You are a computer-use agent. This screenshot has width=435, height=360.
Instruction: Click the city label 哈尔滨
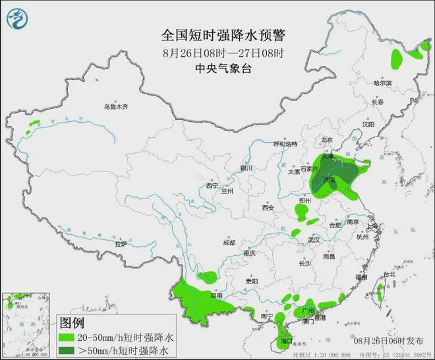[382, 84]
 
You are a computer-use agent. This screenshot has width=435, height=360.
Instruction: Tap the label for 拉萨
[120, 244]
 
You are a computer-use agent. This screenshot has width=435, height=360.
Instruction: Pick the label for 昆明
[217, 295]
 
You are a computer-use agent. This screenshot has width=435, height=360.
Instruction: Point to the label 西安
[267, 208]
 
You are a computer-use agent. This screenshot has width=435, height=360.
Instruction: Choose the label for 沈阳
[368, 124]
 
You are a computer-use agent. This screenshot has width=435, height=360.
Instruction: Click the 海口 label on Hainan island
[285, 341]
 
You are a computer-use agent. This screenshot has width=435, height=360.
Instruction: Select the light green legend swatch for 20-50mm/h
[66, 336]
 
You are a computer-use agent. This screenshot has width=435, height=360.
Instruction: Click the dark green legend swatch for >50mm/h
[66, 349]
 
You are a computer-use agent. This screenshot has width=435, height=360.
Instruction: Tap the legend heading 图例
[72, 323]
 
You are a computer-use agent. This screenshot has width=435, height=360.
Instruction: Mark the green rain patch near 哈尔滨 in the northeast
[397, 59]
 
